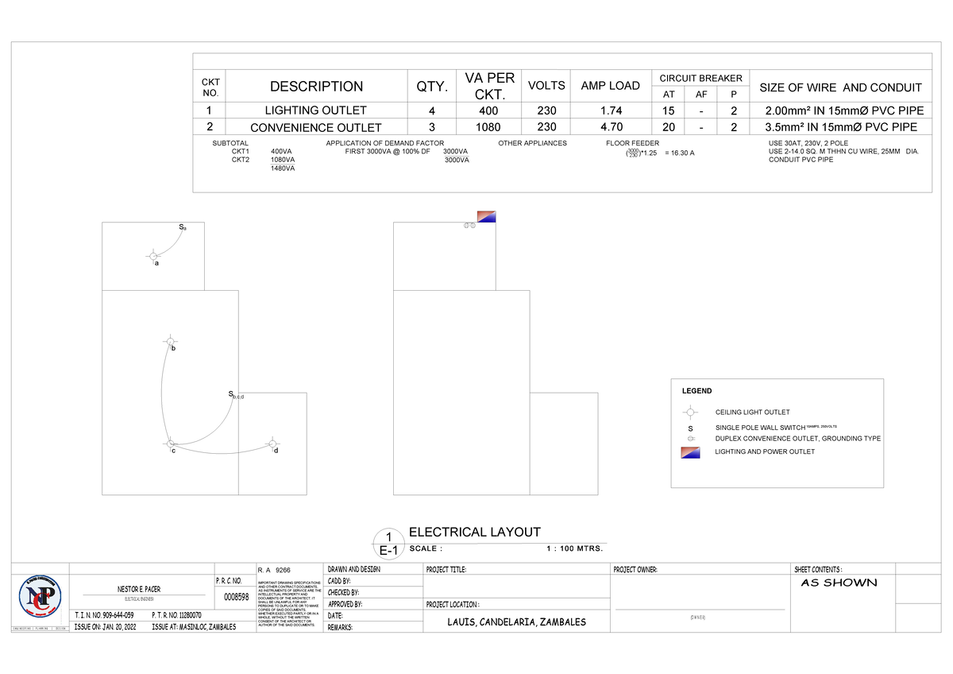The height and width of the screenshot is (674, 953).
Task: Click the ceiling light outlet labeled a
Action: pos(152,256)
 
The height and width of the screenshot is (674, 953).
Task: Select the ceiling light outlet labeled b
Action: pos(168,341)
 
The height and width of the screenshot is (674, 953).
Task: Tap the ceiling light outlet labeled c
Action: pos(169,443)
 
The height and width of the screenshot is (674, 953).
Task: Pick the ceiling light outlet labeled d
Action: pos(273,443)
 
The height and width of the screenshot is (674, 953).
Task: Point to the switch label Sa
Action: pos(182,228)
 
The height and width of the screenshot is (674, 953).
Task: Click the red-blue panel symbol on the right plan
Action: pos(486,216)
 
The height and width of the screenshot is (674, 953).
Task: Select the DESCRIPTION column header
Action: pos(316,87)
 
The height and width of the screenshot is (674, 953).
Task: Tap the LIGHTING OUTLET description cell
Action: pos(315,110)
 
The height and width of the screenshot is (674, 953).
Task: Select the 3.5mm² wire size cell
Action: pos(840,126)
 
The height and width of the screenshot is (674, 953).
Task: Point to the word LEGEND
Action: pos(696,391)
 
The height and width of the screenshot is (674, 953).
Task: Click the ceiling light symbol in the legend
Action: pos(690,412)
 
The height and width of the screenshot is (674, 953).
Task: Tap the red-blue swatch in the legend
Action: pos(690,452)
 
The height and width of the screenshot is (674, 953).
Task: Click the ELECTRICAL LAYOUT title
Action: pos(474,533)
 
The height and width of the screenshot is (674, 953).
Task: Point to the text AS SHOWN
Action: pos(839,583)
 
